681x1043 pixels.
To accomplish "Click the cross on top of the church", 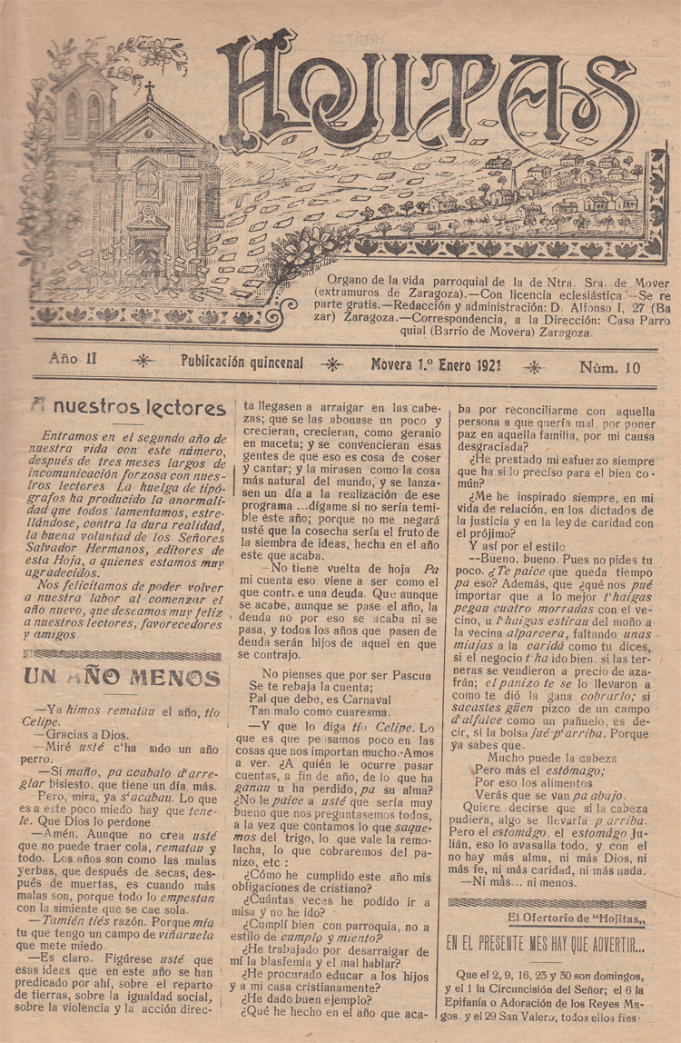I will (x=149, y=90).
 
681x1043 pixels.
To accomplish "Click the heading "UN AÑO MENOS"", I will (x=122, y=678).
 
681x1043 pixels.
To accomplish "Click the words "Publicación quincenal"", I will (x=242, y=363).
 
